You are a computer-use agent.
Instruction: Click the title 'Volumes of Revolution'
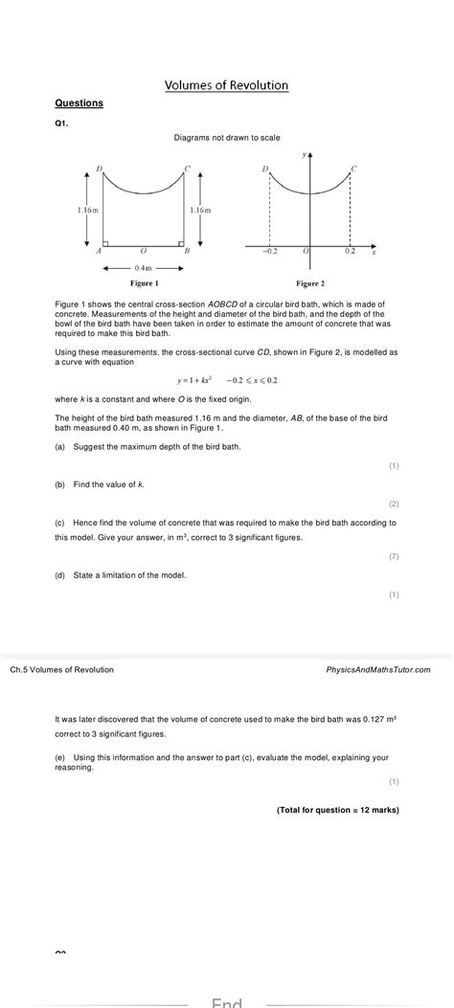(x=226, y=85)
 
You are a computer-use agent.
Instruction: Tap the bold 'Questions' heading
(x=79, y=102)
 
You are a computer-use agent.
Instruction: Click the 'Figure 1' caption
(x=144, y=283)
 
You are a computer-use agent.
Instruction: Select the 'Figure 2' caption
(x=309, y=283)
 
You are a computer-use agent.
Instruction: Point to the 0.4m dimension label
(x=144, y=267)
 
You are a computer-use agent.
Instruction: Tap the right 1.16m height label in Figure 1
(x=200, y=209)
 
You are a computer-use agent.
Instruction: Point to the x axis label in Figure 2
(x=374, y=253)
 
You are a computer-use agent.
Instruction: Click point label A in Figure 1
(x=99, y=252)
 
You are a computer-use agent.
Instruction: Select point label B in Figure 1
(x=187, y=252)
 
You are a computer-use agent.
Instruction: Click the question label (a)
(x=60, y=446)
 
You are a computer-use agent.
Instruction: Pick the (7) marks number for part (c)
(x=394, y=556)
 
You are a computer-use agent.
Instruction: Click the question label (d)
(x=60, y=574)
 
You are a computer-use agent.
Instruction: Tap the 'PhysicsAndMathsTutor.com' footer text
(x=378, y=669)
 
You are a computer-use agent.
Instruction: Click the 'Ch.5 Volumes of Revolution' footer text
(x=61, y=669)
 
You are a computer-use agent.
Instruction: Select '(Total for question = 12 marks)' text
(x=338, y=810)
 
